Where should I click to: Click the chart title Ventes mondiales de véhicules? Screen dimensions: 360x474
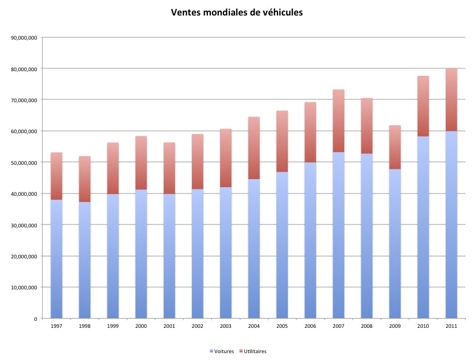(237, 12)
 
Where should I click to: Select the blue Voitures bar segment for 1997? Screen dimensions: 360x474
(56, 258)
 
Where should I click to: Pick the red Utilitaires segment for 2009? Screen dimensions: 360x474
(395, 147)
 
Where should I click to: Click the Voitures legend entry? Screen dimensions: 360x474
(222, 351)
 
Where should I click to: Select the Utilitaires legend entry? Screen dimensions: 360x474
(253, 351)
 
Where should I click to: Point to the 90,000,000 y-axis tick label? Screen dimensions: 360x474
(24, 38)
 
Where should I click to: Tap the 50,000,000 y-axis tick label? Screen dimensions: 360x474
(24, 162)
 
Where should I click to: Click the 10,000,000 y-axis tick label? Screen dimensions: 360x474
(24, 287)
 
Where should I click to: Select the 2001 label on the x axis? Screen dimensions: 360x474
(169, 326)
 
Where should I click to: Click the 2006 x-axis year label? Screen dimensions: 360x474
(310, 326)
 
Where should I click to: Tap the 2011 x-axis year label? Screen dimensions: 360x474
(451, 326)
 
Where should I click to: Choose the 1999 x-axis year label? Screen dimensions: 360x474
(113, 326)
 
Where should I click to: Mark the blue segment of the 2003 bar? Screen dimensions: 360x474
(226, 253)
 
